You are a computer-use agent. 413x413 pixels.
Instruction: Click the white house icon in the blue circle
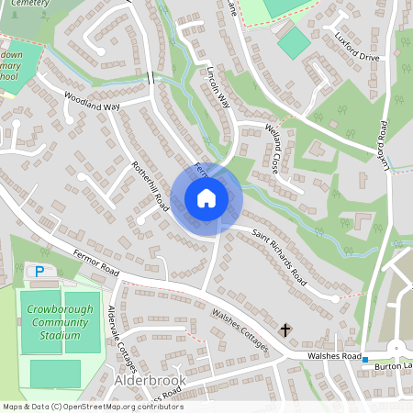point(206,197)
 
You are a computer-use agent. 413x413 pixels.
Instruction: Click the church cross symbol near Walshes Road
point(285,329)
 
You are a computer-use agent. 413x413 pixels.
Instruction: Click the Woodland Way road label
point(92,101)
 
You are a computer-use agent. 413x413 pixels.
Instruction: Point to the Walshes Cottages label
point(240,331)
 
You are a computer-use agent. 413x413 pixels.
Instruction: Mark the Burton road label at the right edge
point(392,364)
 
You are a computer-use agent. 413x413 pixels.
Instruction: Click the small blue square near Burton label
point(364,359)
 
